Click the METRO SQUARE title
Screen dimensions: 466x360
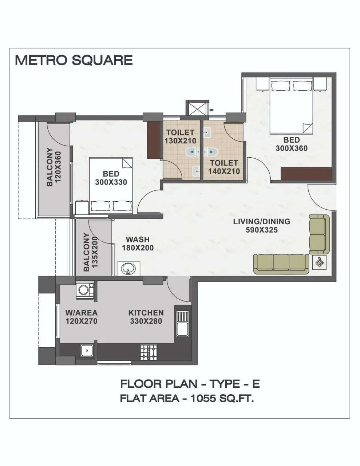tap(74, 60)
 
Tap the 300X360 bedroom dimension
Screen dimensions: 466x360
tap(292, 148)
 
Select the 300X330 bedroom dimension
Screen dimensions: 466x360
tap(111, 182)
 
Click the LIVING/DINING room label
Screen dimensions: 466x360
tap(261, 221)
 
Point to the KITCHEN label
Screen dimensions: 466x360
tap(146, 313)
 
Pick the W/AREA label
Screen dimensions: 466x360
tap(81, 313)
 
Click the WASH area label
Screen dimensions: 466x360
tap(138, 240)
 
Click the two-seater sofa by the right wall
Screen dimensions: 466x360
tap(319, 234)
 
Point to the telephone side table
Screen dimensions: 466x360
tap(320, 262)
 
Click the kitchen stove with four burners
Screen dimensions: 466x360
tap(149, 352)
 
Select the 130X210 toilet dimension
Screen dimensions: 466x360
tap(180, 141)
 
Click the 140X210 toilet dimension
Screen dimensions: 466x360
tap(224, 171)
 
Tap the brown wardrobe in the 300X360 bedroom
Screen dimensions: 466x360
tap(306, 173)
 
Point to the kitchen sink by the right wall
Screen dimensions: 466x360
tap(182, 324)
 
